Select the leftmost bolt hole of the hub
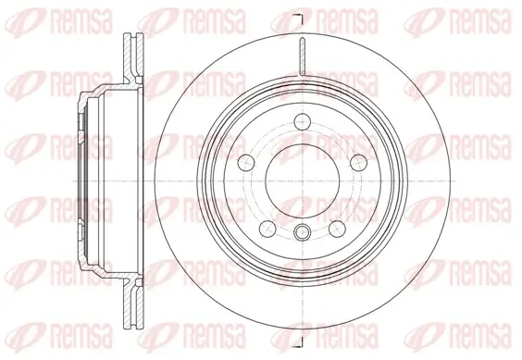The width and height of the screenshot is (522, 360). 245,163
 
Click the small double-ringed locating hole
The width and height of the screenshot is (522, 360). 302,232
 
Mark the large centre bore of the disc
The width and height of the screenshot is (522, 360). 302,180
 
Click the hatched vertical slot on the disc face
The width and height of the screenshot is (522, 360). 302,56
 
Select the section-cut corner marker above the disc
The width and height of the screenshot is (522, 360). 297,19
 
